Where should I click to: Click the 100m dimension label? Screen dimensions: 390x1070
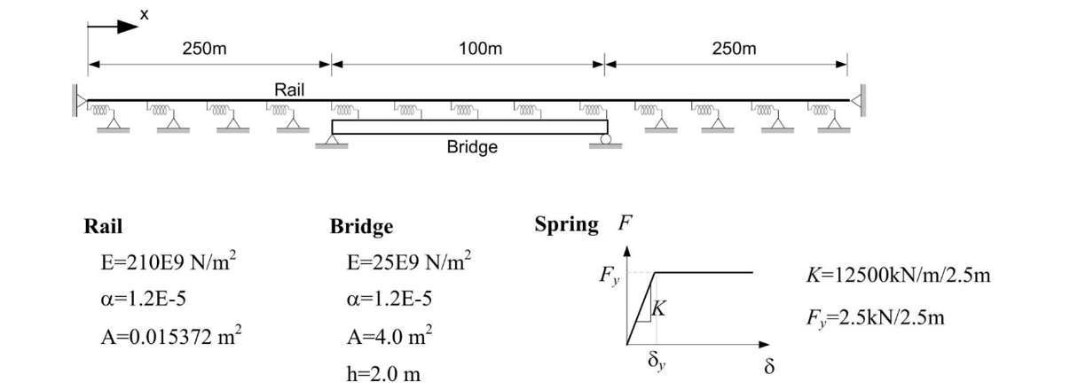click(481, 50)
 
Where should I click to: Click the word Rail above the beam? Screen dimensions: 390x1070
click(290, 90)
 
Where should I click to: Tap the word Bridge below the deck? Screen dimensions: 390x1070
click(472, 147)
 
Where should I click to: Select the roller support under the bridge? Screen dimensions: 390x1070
click(605, 139)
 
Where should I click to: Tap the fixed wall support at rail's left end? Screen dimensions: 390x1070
click(79, 101)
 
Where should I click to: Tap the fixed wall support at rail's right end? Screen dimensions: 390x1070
click(856, 101)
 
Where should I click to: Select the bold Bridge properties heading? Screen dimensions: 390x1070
click(361, 227)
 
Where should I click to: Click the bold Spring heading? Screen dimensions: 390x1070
click(566, 225)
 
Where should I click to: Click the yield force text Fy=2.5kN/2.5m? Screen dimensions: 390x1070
click(875, 317)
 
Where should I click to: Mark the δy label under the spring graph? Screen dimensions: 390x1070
click(656, 362)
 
